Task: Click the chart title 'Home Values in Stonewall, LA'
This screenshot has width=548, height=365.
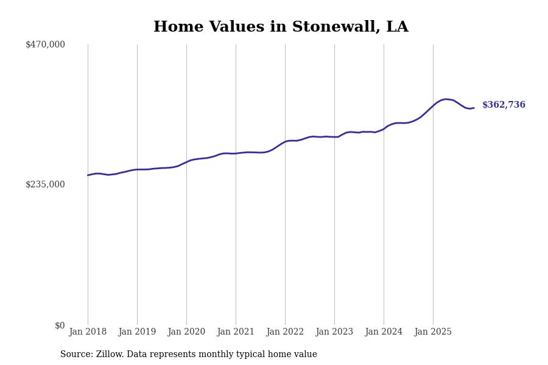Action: (x=281, y=27)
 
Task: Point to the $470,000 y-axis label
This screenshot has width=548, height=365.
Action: (x=45, y=44)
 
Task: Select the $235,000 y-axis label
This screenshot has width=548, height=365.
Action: (x=45, y=184)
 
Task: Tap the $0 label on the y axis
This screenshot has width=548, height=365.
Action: (x=60, y=325)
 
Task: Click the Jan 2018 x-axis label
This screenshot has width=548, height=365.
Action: (x=88, y=332)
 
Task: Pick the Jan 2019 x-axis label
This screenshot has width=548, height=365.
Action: (x=137, y=332)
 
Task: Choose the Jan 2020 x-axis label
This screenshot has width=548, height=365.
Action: (x=186, y=332)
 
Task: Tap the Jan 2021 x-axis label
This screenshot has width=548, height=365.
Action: (x=236, y=332)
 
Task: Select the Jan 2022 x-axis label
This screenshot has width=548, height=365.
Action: (x=285, y=332)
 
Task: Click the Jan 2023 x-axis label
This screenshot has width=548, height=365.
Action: (x=334, y=332)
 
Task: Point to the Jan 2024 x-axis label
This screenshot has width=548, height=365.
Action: (x=384, y=332)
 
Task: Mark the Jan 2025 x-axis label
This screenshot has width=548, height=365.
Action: (x=433, y=332)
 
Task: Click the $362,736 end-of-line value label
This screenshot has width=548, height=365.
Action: (x=504, y=105)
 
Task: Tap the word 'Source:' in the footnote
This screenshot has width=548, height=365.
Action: (x=77, y=355)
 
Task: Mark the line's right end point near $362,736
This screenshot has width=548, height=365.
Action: (x=474, y=108)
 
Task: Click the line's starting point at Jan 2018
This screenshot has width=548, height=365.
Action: (x=88, y=175)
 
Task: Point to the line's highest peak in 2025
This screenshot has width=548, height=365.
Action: (x=445, y=99)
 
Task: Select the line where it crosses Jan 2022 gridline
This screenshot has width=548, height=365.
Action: (x=285, y=142)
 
